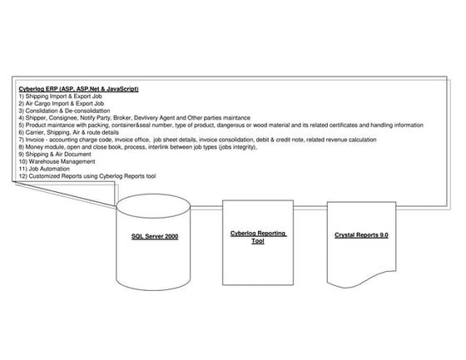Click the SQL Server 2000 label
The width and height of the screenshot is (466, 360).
click(155, 237)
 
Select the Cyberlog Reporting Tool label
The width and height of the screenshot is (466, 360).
click(258, 238)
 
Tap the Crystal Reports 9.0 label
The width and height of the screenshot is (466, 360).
click(361, 236)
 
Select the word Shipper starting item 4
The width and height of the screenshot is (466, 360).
click(36, 118)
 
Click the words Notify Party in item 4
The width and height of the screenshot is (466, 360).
click(92, 118)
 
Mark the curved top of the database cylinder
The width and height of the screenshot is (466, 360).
click(155, 203)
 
